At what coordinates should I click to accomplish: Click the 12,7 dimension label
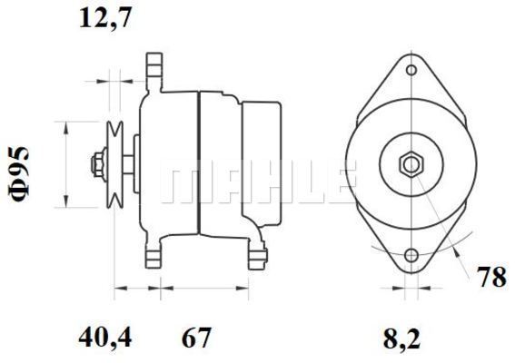click(105, 19)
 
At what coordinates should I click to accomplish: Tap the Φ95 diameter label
click(19, 173)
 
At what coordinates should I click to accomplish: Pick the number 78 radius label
click(491, 277)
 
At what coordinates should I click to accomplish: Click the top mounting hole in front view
click(411, 70)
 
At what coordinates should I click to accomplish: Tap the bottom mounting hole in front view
click(411, 255)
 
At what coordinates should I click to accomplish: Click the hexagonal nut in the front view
click(411, 164)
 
